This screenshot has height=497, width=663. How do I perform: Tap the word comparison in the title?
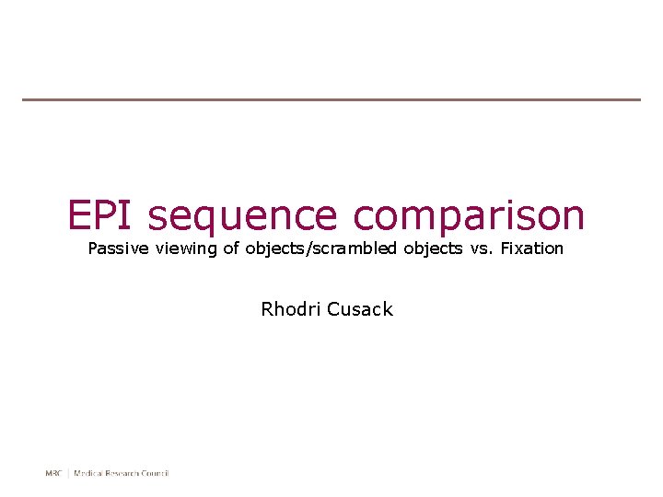[468, 217]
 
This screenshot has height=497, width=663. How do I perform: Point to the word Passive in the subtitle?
[116, 248]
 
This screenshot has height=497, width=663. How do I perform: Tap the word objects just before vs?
[433, 249]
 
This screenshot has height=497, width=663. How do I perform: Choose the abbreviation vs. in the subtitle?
[481, 248]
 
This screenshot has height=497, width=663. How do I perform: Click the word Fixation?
[531, 248]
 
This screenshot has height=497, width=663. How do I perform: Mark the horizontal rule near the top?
[331, 99]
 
